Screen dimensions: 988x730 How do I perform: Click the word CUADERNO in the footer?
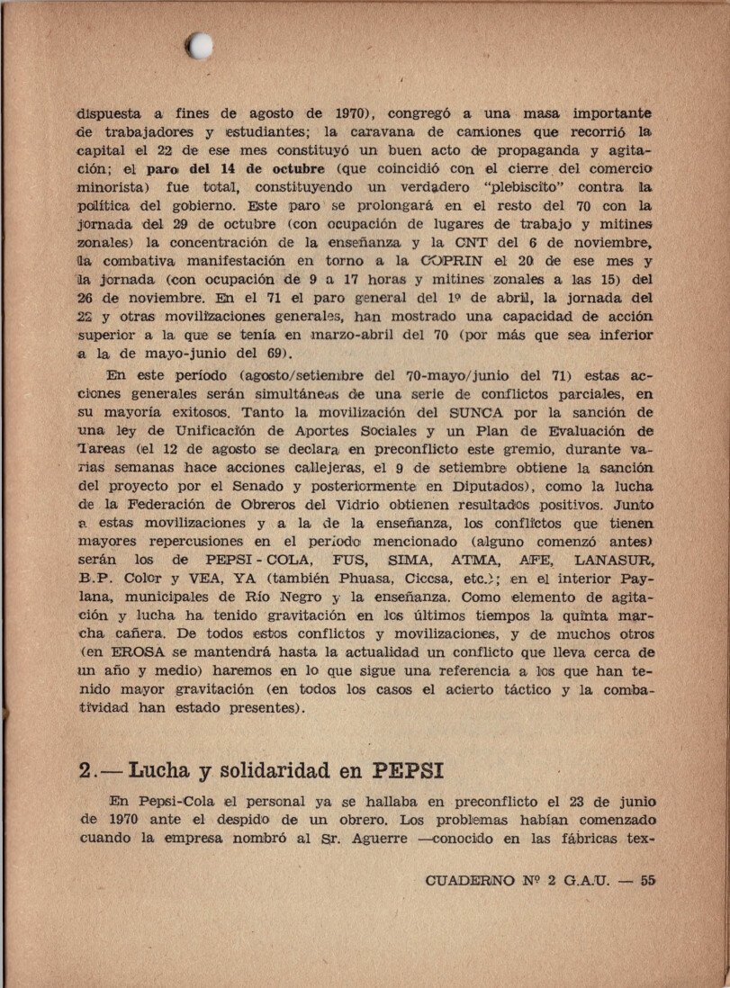469,881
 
